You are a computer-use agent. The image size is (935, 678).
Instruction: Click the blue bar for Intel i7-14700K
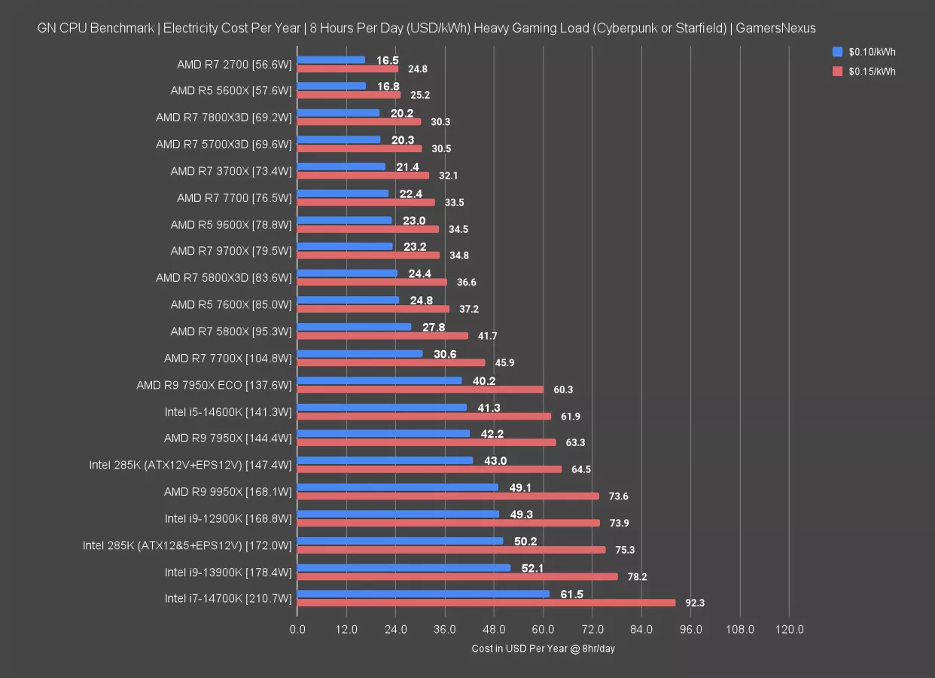(x=423, y=594)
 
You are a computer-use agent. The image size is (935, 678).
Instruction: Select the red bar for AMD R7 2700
(x=348, y=69)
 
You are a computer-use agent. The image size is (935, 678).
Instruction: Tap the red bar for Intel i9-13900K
(x=457, y=576)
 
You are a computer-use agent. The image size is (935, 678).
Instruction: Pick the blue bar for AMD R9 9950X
(x=397, y=487)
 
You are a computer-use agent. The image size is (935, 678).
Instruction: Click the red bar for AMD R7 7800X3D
(x=359, y=121)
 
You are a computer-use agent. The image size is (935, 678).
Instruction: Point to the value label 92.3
(x=695, y=603)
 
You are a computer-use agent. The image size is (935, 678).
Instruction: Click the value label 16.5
(x=388, y=60)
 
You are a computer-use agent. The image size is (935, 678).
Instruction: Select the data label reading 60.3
(x=563, y=389)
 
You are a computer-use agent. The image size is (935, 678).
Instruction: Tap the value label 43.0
(x=495, y=460)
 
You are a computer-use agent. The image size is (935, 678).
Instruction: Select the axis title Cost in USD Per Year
(x=544, y=649)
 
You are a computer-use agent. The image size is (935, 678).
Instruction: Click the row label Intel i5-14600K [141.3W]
(x=227, y=411)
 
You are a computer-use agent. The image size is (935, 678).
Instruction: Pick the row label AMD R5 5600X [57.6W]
(x=230, y=90)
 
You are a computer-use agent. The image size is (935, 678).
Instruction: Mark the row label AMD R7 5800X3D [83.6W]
(x=224, y=278)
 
